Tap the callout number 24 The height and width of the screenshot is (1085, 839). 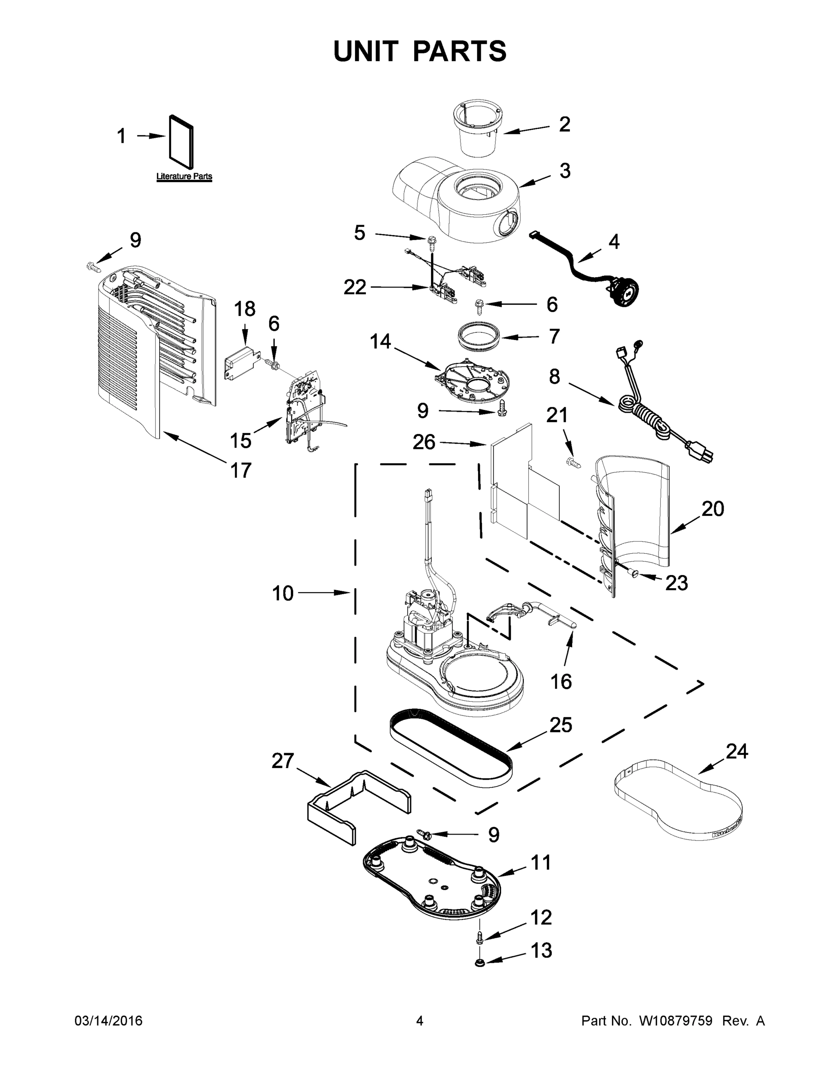tap(736, 751)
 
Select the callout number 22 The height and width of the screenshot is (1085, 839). tap(355, 287)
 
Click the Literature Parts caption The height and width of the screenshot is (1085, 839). tap(184, 176)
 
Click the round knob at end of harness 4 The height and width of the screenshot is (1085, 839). tap(625, 292)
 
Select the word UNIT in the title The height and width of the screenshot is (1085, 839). tap(366, 51)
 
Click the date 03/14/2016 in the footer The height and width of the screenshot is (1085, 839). tap(109, 1021)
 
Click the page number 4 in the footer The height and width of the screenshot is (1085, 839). tap(420, 1021)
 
